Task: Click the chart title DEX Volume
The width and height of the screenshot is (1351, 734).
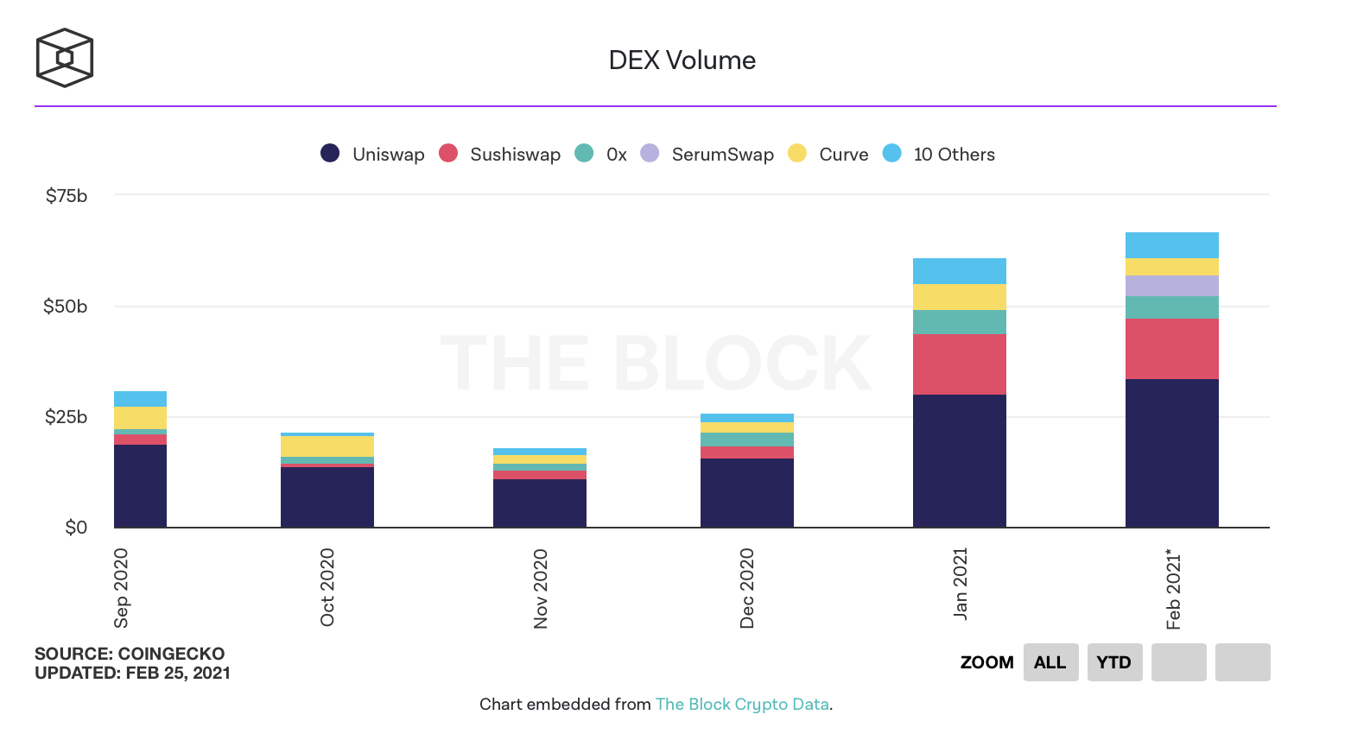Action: click(x=682, y=60)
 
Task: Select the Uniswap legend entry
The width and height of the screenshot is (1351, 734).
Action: click(x=372, y=155)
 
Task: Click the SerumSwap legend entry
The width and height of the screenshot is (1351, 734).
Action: click(x=707, y=155)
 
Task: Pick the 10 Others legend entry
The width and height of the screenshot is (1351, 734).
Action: click(x=939, y=155)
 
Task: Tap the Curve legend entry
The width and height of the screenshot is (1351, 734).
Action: click(x=828, y=155)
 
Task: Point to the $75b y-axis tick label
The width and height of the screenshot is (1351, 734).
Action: click(x=67, y=196)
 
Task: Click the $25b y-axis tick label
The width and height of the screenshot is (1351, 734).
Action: click(x=67, y=417)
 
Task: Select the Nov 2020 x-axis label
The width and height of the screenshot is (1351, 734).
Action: click(x=541, y=588)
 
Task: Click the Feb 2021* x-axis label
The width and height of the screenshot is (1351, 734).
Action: click(x=1173, y=589)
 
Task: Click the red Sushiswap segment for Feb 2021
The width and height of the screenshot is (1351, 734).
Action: click(x=1171, y=349)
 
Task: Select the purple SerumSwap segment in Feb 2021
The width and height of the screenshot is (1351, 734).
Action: click(x=1171, y=286)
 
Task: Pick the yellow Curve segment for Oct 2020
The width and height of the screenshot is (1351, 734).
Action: click(x=327, y=446)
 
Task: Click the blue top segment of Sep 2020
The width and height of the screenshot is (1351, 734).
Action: click(x=140, y=399)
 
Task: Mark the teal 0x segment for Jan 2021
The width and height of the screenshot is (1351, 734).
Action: click(x=959, y=322)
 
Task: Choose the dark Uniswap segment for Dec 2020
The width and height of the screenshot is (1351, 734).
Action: click(x=746, y=492)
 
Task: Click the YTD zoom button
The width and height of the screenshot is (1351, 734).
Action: click(x=1114, y=662)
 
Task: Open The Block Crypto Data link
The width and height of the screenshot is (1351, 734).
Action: click(x=742, y=705)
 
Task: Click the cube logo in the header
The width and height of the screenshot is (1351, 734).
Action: click(x=64, y=58)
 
